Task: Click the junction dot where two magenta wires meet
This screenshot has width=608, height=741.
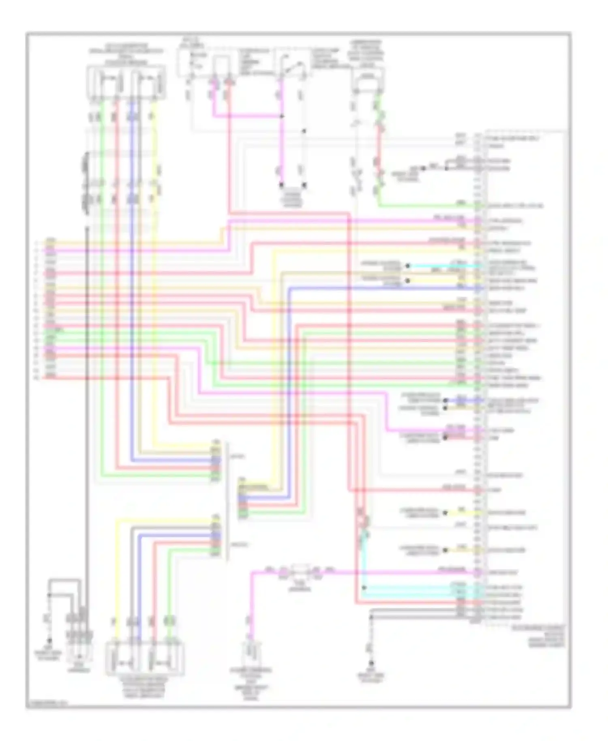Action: (x=282, y=117)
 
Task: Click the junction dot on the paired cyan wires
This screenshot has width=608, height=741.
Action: (x=364, y=588)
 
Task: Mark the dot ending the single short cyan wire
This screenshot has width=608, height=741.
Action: (x=408, y=266)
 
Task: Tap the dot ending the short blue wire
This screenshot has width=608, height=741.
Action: (x=445, y=400)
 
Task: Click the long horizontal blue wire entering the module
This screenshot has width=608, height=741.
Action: (x=385, y=288)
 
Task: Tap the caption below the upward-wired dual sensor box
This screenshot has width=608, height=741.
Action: (x=145, y=688)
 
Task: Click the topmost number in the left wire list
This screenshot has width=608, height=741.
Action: (x=36, y=243)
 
